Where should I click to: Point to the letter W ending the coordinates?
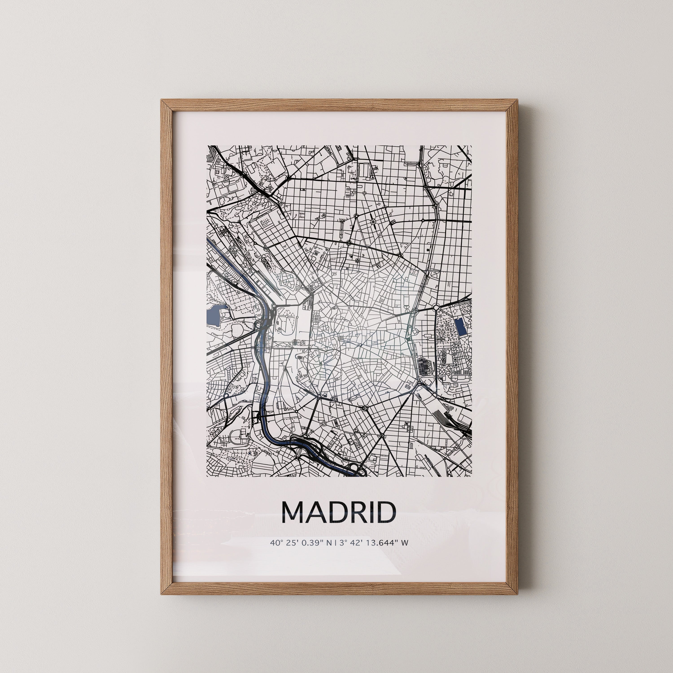(x=404, y=553)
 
